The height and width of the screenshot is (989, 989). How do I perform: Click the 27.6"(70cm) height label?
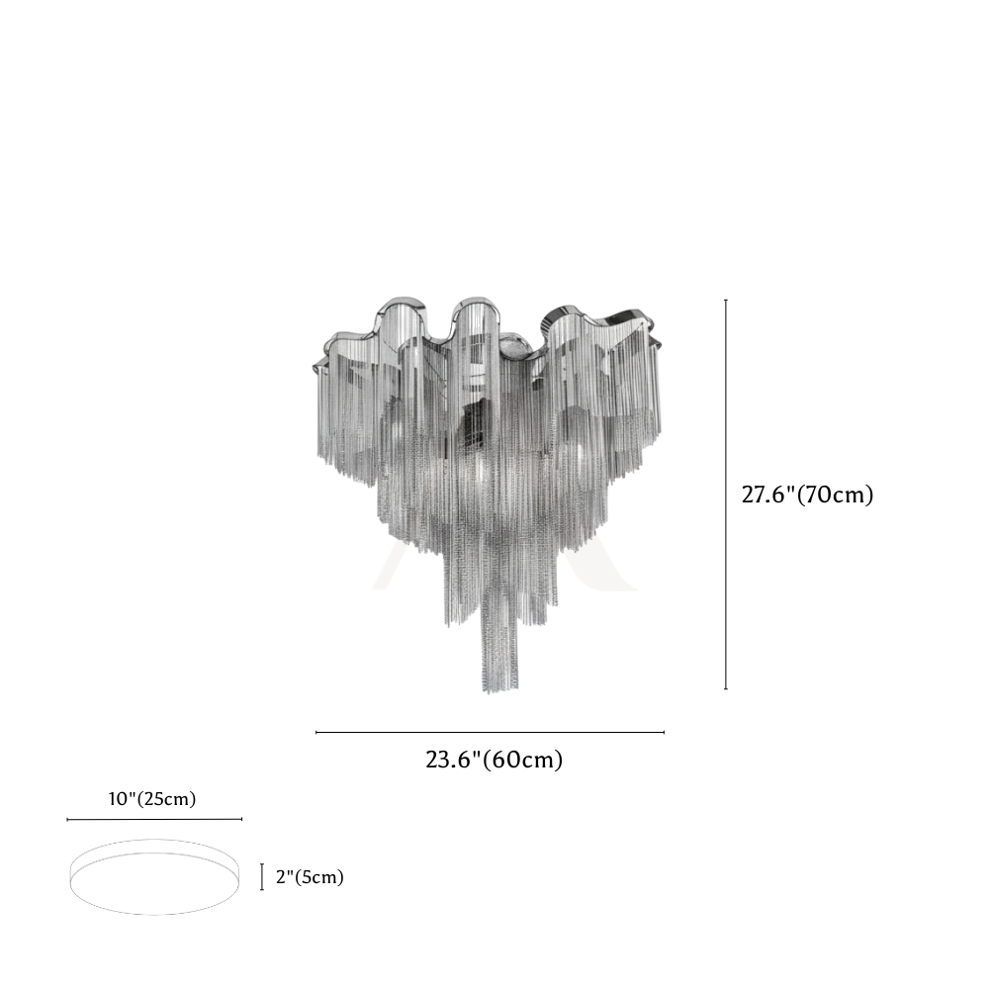point(807,495)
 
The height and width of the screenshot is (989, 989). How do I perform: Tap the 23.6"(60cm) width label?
point(494,760)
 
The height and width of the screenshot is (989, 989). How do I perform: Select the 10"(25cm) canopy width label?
point(152,799)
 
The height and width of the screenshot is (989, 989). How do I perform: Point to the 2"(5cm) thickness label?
point(310,877)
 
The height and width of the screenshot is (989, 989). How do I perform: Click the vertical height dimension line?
point(726,494)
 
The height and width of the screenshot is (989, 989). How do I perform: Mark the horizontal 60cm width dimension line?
point(491,732)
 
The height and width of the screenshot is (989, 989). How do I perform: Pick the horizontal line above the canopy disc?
point(154,819)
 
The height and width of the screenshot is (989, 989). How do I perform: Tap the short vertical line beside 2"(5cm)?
point(262,877)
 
